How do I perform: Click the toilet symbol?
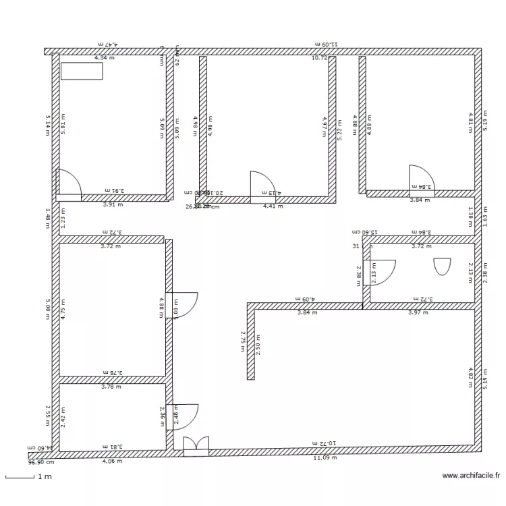point(442,266)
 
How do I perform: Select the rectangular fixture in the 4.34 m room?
point(82,71)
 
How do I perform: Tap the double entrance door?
point(196,447)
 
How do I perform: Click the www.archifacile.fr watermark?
point(472,476)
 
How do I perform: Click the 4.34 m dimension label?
point(105,58)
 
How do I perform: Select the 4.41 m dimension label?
point(273,206)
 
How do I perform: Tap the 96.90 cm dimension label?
point(41,463)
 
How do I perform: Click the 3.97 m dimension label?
point(418,312)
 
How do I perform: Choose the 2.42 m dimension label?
point(63,414)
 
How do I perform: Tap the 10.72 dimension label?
point(319,58)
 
